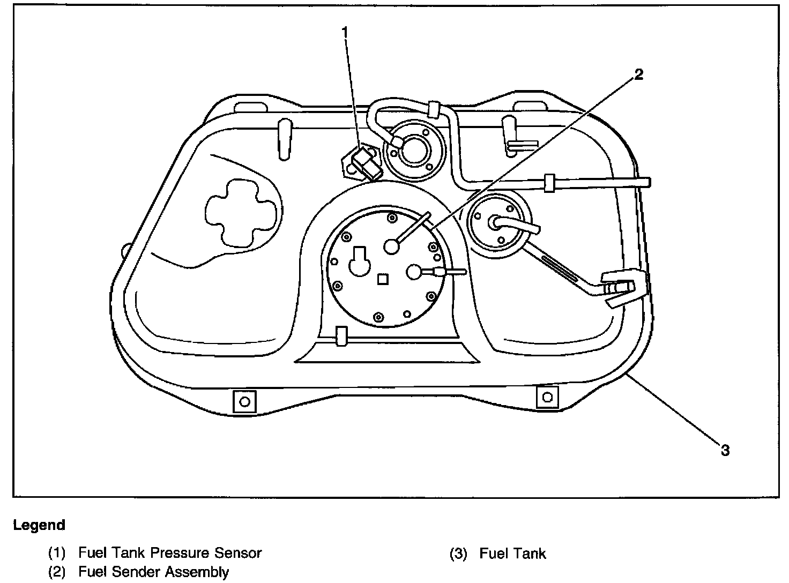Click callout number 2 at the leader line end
point(638,74)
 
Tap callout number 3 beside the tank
point(725,450)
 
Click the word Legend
point(39,525)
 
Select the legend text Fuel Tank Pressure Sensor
point(170,553)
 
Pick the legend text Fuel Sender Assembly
point(153,572)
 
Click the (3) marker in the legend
point(458,553)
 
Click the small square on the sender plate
point(383,279)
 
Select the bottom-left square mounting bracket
point(244,401)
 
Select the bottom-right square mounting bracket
point(547,398)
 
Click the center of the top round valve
point(412,149)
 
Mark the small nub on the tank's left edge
point(126,250)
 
